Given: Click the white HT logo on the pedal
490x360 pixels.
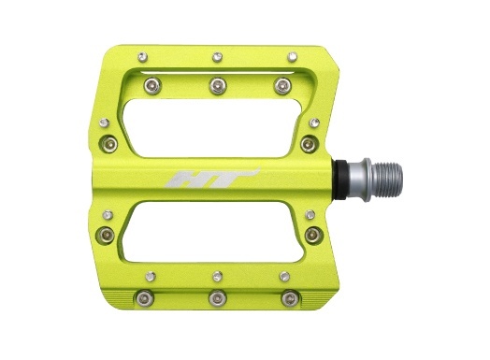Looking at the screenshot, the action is point(212,179).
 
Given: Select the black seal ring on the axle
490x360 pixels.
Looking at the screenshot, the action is point(340,180).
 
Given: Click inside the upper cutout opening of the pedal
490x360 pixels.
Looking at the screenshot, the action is point(211,128).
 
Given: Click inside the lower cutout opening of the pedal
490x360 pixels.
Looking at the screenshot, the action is point(213,232).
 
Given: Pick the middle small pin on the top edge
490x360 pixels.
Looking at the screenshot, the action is point(217,57).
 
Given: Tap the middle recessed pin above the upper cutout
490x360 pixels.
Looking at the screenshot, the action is point(218,86).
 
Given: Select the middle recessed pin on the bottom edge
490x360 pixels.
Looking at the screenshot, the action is point(218,298).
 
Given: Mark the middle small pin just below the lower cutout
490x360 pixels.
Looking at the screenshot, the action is point(218,276).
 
